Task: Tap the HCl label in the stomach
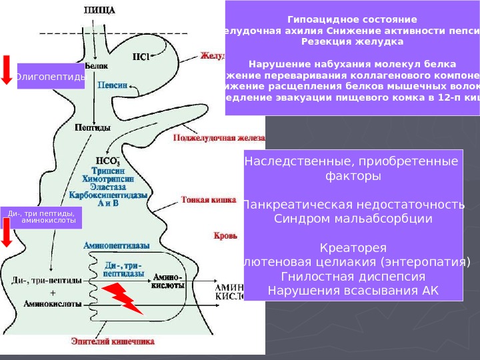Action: click(x=141, y=57)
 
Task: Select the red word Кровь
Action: click(x=222, y=236)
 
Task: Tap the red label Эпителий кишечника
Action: click(x=113, y=341)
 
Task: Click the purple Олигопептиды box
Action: click(x=51, y=77)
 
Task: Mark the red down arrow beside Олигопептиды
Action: click(x=7, y=70)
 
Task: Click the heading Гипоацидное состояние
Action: click(x=353, y=19)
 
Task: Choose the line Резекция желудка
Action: click(x=353, y=41)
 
